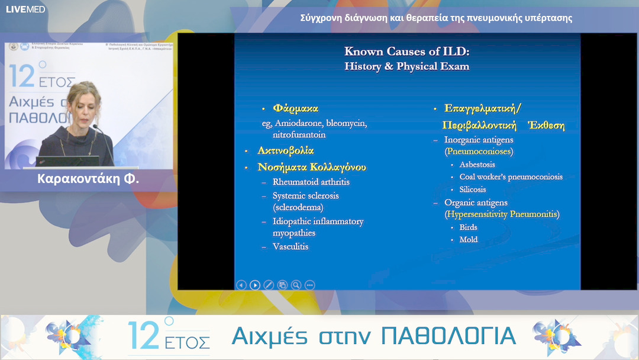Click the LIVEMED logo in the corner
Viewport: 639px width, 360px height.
coord(25,9)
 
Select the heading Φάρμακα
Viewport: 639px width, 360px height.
coord(295,108)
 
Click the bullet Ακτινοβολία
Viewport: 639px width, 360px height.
coord(285,151)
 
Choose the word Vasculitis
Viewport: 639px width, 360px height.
coord(291,246)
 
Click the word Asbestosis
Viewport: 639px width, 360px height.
coord(477,165)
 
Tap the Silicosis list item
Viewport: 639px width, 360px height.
coord(472,189)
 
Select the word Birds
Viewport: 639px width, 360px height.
coord(468,227)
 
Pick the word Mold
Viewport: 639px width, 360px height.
coord(469,240)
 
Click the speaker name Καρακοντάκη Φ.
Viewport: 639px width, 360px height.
coord(88,178)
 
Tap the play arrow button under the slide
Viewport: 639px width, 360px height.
coord(254,285)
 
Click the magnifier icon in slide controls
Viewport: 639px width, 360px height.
coord(296,285)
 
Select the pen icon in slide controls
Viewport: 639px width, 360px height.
coord(269,285)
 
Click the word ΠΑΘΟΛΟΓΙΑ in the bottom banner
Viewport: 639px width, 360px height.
coord(448,336)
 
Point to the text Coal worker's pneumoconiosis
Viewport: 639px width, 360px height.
coord(511,177)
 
